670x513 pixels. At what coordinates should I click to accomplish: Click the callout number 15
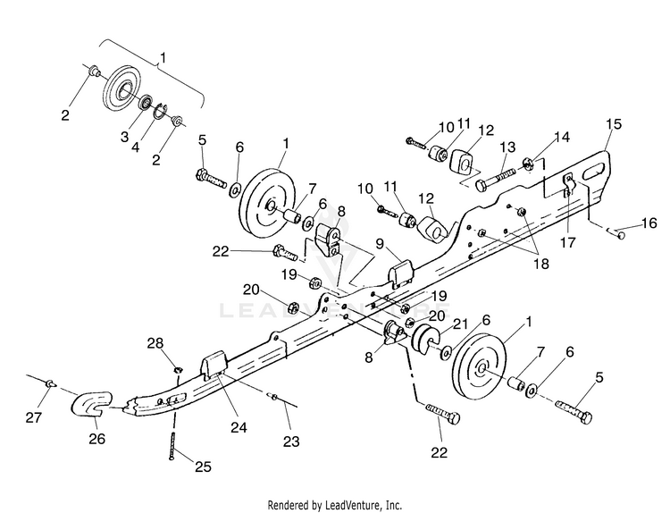[x=614, y=124]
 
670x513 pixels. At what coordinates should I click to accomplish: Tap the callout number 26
[x=97, y=439]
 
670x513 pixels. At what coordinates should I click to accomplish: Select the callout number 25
[x=203, y=467]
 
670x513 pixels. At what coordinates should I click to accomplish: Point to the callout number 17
[x=568, y=242]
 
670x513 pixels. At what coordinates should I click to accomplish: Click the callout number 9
[x=380, y=244]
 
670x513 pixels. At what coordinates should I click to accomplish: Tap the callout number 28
[x=155, y=343]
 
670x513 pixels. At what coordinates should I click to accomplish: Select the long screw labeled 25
[x=172, y=445]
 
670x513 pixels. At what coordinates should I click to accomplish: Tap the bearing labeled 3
[x=147, y=103]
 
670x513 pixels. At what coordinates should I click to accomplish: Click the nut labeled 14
[x=527, y=164]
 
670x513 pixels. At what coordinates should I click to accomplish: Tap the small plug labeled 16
[x=619, y=234]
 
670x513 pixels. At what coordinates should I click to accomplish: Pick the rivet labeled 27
[x=50, y=383]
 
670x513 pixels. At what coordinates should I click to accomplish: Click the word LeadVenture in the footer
[x=349, y=505]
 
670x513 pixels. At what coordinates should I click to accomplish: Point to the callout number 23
[x=291, y=441]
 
